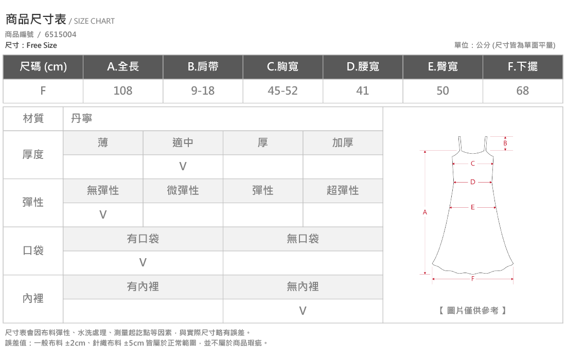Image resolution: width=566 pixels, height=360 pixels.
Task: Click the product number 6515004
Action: [60, 34]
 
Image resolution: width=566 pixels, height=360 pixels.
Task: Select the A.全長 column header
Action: [123, 66]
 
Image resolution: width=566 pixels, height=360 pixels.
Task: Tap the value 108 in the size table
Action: [123, 91]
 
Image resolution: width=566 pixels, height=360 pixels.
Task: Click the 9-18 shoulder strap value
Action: [203, 91]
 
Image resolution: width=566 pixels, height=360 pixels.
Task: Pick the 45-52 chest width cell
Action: [282, 91]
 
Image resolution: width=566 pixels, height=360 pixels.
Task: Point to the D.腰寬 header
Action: [363, 66]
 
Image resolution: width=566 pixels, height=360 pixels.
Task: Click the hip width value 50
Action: [443, 91]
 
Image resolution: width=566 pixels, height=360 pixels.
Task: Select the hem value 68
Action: [522, 91]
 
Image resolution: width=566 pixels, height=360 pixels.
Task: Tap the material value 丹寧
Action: [82, 118]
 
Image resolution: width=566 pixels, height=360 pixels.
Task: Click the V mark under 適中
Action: [183, 166]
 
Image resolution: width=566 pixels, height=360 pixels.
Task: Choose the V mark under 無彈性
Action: [103, 214]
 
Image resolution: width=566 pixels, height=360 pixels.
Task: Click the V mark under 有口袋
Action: [143, 262]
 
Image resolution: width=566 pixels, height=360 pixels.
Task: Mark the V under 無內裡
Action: [303, 311]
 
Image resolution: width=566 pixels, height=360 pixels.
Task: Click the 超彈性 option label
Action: [343, 190]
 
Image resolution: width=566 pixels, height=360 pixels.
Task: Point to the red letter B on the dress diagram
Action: [505, 143]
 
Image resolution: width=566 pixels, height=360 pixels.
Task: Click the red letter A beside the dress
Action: [425, 212]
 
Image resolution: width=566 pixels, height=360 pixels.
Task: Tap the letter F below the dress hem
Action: [472, 279]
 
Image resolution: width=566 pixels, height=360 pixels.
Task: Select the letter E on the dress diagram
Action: [472, 207]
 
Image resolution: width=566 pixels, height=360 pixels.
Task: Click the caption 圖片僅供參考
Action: [472, 310]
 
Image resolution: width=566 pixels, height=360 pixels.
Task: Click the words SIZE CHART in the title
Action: [94, 21]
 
